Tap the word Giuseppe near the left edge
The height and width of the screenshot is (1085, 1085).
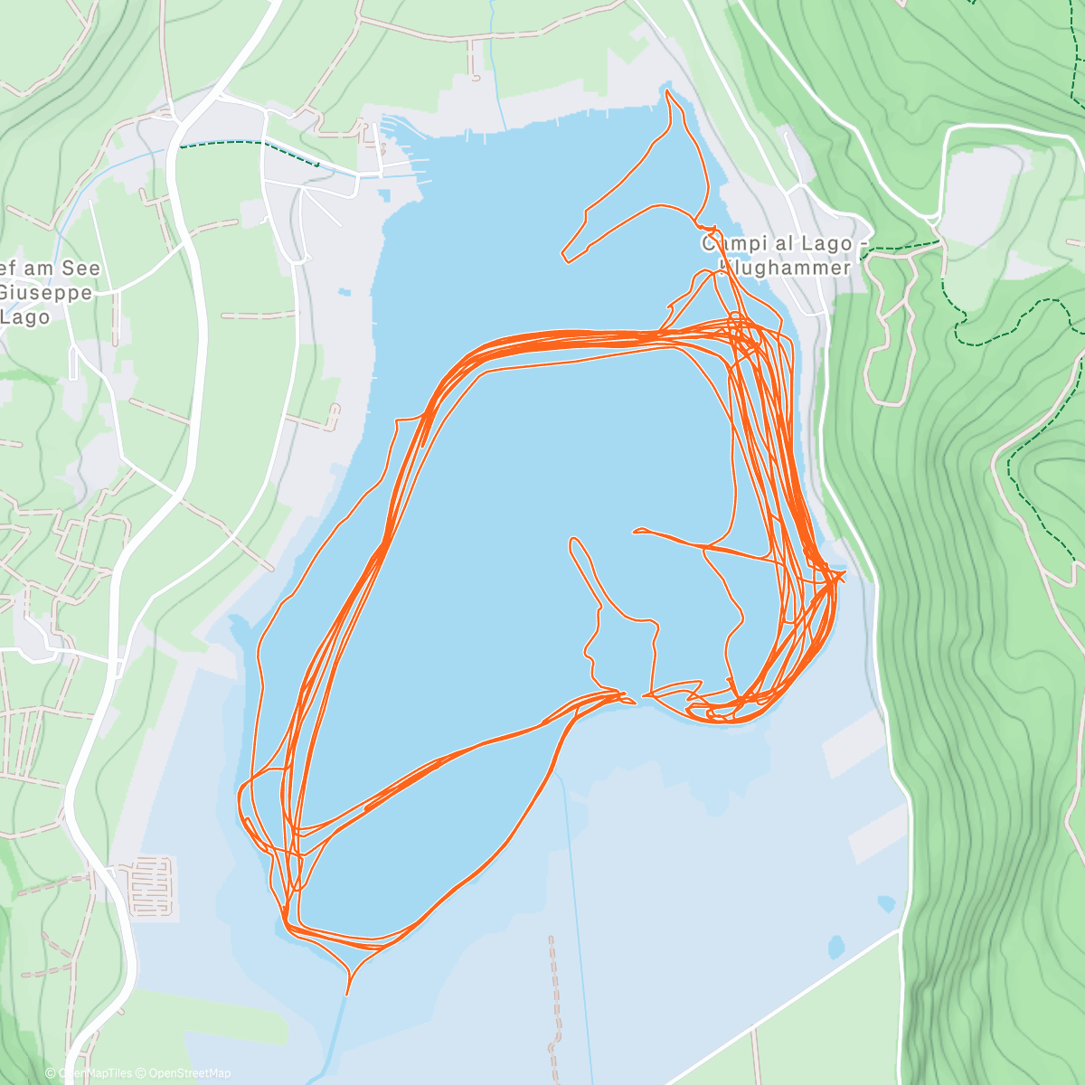point(45,293)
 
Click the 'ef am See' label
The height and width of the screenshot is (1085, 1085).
point(51,269)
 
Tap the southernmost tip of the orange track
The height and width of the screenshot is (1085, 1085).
point(346,994)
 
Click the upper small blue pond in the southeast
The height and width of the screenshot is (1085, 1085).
point(887,903)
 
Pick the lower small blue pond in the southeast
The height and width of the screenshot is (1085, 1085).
point(836,947)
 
